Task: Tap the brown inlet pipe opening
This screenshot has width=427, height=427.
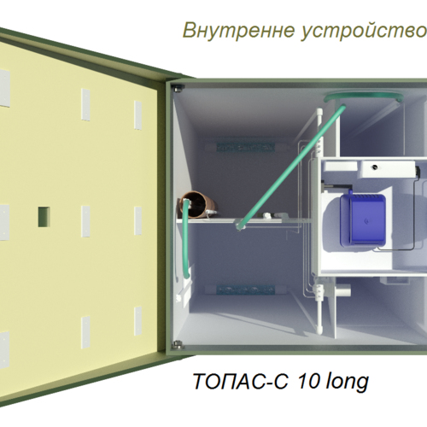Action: [x=195, y=204]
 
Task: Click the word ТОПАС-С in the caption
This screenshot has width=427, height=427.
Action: [x=241, y=381]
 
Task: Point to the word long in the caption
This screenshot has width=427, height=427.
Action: [x=348, y=382]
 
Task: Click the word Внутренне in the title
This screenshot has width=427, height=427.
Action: [x=238, y=30]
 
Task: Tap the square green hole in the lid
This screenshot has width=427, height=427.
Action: [x=44, y=217]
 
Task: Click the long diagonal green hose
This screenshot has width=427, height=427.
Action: [x=290, y=168]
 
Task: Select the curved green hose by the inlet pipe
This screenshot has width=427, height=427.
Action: [x=184, y=239]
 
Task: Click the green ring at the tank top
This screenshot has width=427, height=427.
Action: [x=364, y=97]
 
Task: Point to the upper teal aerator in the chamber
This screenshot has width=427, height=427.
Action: [x=245, y=147]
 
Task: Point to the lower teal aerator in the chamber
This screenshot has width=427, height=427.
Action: [x=245, y=290]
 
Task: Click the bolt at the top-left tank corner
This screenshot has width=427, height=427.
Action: [x=179, y=88]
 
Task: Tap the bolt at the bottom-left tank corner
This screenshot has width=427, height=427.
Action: [x=178, y=345]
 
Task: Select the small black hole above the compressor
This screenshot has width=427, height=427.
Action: [x=375, y=167]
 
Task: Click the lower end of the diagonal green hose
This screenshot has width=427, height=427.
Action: [x=238, y=225]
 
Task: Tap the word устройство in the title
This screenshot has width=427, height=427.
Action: [x=364, y=31]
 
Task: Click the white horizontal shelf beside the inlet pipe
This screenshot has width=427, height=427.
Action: [x=245, y=220]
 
